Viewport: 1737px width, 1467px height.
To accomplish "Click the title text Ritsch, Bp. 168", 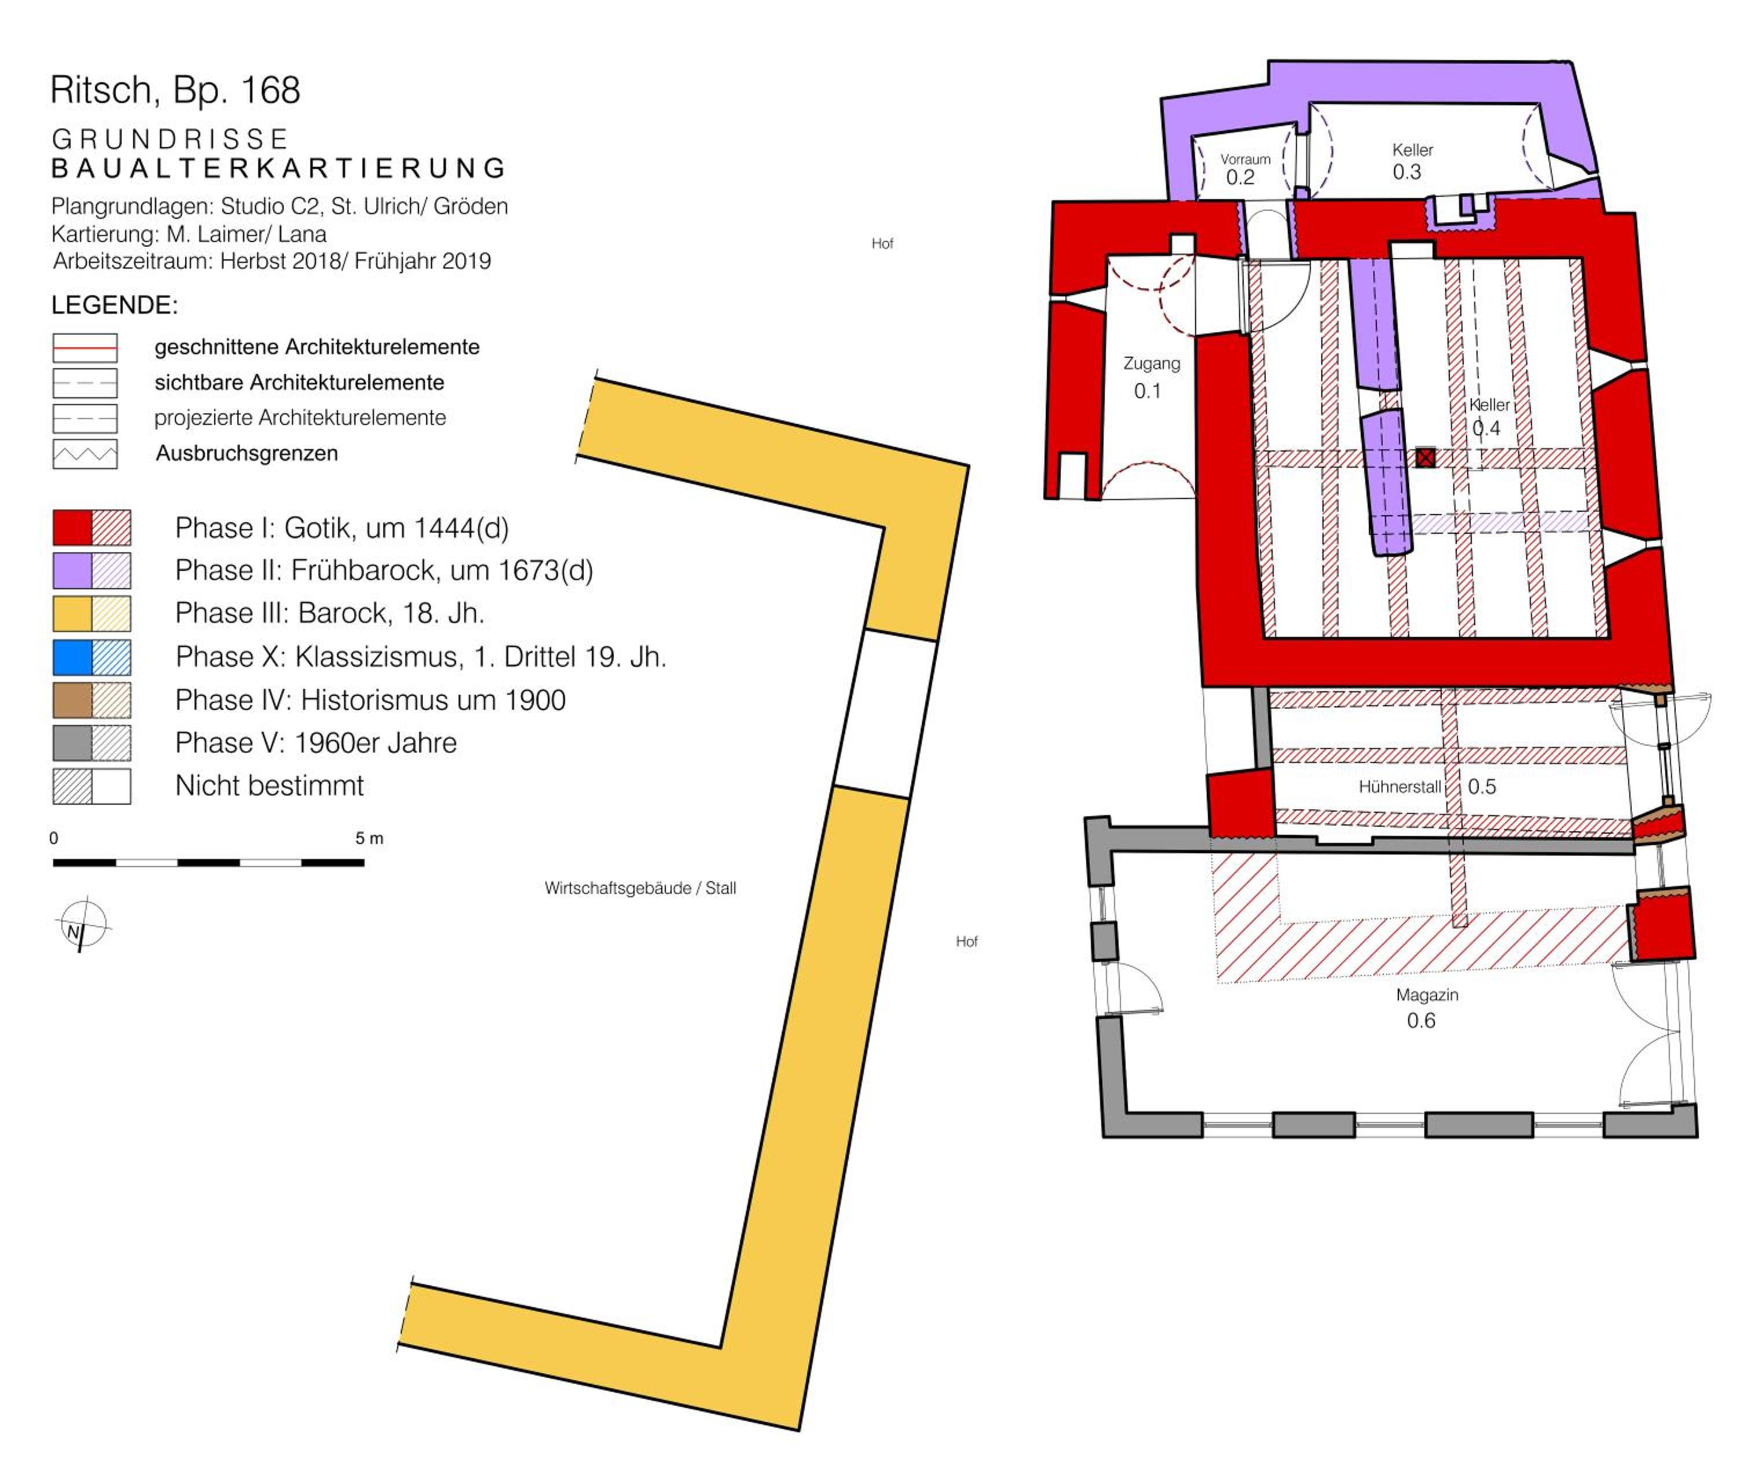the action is click(x=175, y=90).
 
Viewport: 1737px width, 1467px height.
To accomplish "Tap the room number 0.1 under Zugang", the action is click(x=1147, y=391).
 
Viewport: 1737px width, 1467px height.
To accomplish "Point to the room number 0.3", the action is click(x=1407, y=172).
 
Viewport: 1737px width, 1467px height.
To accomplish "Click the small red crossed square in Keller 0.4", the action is click(x=1425, y=457).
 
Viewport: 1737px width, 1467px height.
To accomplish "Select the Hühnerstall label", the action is click(x=1399, y=787).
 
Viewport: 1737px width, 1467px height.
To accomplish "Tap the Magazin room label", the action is click(x=1427, y=995).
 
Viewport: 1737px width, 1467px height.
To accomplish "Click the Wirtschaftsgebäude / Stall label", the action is click(x=640, y=888).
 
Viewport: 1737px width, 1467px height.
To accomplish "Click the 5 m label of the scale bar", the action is click(x=369, y=838).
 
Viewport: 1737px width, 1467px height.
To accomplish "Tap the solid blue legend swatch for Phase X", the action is click(x=72, y=657).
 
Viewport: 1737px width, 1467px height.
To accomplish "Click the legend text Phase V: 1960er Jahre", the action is click(x=316, y=743).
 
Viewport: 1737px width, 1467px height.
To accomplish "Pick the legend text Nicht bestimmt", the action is click(x=270, y=786).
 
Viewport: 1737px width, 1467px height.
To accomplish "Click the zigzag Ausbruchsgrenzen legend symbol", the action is click(x=85, y=454).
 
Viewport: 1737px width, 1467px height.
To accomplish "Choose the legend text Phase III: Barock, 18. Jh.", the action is click(x=329, y=614).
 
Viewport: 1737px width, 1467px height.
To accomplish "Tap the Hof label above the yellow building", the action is click(x=882, y=244).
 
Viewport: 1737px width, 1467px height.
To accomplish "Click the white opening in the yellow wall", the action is click(x=886, y=714).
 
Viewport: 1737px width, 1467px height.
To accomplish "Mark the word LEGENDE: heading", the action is click(x=115, y=305).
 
